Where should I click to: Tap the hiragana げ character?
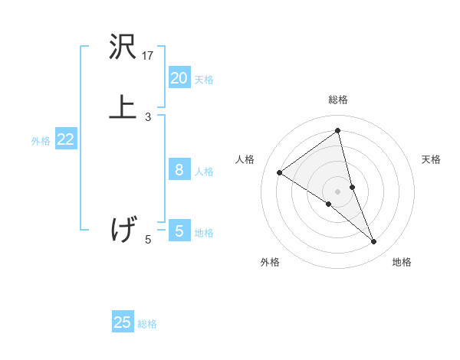click(x=123, y=229)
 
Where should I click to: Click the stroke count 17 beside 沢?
click(x=148, y=56)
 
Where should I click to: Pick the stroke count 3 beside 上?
click(x=148, y=117)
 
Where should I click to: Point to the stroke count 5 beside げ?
click(x=148, y=240)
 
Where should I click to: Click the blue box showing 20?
click(x=179, y=78)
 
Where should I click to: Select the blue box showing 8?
click(x=179, y=170)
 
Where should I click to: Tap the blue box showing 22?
click(x=65, y=139)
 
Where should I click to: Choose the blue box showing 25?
click(x=123, y=322)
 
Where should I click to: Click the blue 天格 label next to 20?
click(x=204, y=80)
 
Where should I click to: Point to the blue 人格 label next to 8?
click(x=204, y=172)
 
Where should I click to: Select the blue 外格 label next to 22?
click(x=41, y=141)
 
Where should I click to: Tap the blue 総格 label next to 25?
click(x=147, y=324)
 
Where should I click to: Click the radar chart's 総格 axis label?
click(x=337, y=100)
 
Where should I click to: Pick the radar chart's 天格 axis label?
click(x=432, y=159)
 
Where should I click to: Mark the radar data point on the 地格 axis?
click(x=374, y=242)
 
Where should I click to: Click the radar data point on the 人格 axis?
click(x=280, y=172)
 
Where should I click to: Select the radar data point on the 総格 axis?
click(x=337, y=130)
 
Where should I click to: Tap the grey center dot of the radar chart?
click(x=337, y=191)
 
